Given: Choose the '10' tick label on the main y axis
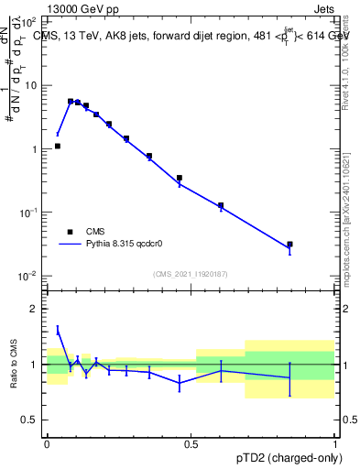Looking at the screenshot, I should (x=31, y=85).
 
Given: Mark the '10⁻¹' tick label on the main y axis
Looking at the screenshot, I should (x=29, y=213).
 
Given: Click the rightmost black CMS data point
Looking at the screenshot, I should (x=289, y=245).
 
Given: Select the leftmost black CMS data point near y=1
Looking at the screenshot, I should (x=57, y=146).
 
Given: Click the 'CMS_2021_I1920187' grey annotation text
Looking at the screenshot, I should (x=190, y=273).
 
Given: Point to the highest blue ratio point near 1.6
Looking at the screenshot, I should (x=58, y=330).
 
